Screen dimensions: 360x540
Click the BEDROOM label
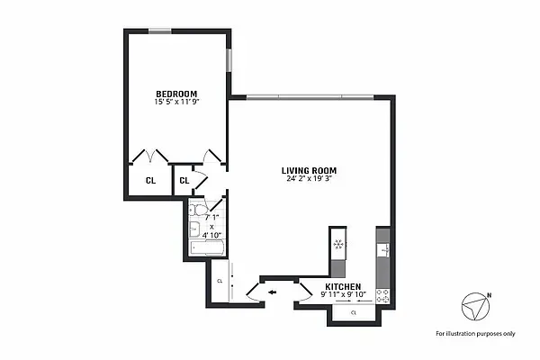coord(176,94)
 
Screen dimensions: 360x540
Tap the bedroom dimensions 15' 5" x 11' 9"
coord(176,103)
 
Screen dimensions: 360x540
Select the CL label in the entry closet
coord(219,282)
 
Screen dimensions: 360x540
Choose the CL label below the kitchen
coord(354,312)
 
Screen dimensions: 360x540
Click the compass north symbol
coord(475,306)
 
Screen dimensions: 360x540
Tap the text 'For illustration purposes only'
coord(475,333)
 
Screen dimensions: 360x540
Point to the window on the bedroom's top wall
coord(159,31)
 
